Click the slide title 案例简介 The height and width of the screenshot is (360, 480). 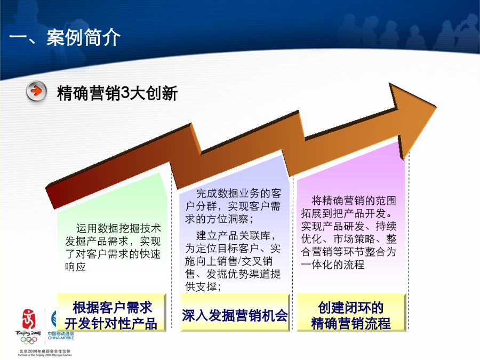[83, 37]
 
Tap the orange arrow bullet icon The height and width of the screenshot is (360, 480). [36, 91]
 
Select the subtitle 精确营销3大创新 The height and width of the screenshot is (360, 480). [117, 93]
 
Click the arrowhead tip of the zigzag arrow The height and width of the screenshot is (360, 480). [436, 107]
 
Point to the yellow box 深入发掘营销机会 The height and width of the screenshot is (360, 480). [235, 312]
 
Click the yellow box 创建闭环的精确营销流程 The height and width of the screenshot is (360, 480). [351, 312]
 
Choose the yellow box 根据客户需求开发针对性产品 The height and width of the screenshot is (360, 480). [111, 312]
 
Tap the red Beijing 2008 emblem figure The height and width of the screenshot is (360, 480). [28, 318]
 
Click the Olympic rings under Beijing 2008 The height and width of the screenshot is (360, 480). [28, 340]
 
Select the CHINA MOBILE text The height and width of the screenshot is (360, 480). [61, 338]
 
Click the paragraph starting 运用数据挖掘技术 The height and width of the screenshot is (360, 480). [113, 247]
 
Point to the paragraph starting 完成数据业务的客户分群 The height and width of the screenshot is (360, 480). [233, 206]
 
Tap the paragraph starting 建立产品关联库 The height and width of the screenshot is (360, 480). [233, 261]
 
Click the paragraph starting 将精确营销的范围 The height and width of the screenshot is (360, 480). [349, 233]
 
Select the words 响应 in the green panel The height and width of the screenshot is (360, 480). [75, 267]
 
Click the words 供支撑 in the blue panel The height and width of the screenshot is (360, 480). [203, 287]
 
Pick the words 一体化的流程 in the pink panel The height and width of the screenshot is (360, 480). [333, 265]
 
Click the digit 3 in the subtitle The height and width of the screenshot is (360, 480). [125, 93]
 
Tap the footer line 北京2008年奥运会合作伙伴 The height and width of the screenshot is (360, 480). [45, 351]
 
